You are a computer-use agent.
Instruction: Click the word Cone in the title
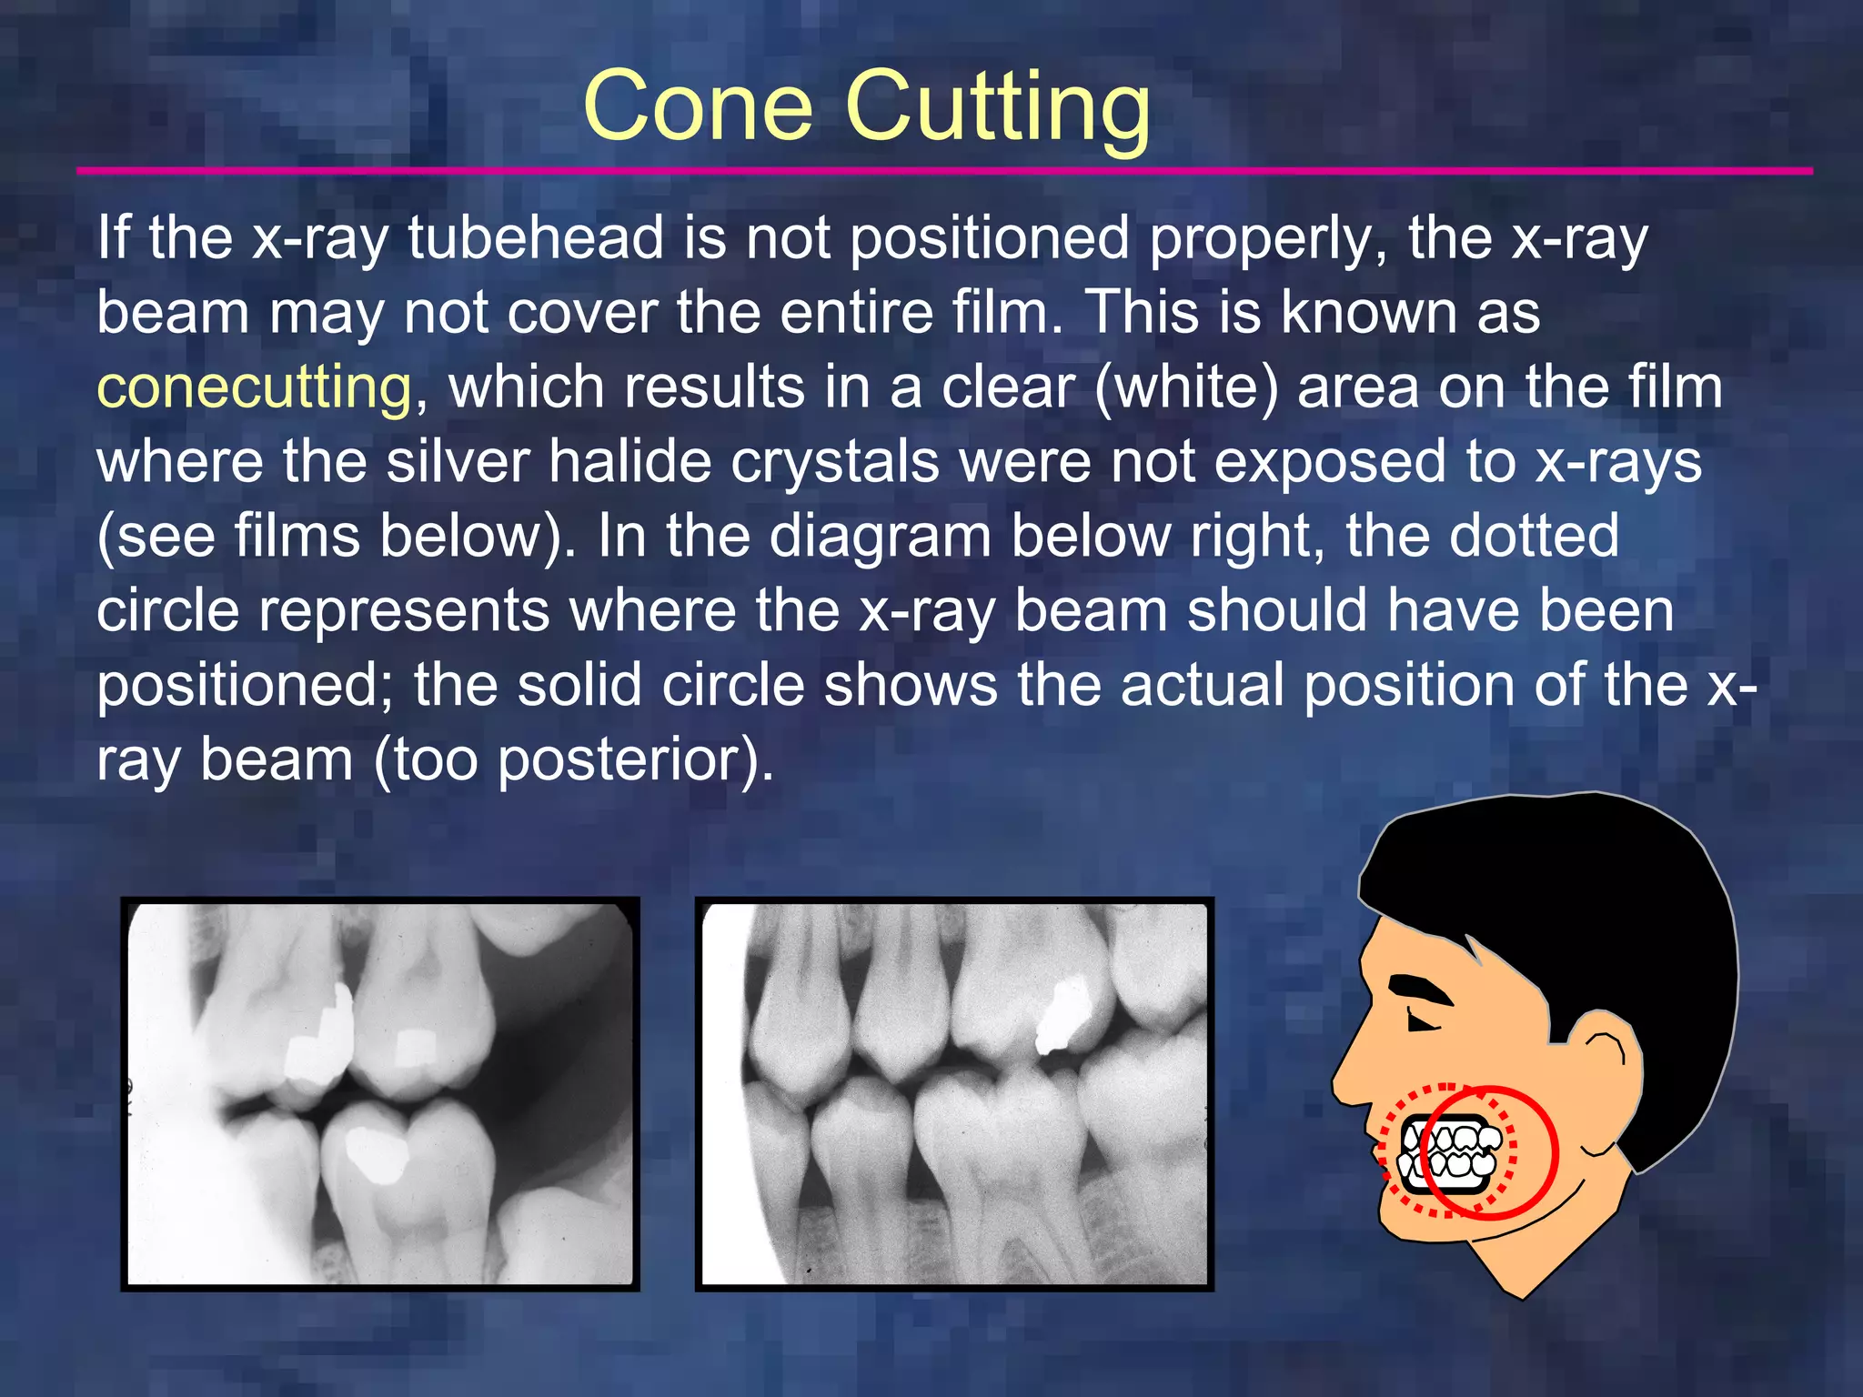(x=698, y=107)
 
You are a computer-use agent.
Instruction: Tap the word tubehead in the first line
(x=535, y=238)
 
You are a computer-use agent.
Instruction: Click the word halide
(x=629, y=462)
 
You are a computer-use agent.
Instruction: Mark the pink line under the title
(x=944, y=171)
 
